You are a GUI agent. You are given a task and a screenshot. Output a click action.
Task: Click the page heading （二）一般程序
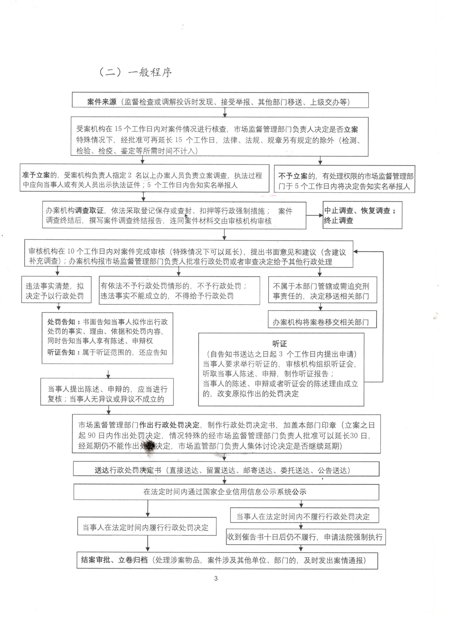135,72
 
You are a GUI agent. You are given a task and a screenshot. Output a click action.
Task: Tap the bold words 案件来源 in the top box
102,102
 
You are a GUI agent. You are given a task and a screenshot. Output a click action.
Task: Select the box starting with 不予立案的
344,179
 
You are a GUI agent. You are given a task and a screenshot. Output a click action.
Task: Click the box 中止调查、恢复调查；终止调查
362,215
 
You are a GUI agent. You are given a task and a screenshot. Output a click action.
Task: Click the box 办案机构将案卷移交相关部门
322,322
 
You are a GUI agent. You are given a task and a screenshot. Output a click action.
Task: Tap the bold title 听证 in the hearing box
279,344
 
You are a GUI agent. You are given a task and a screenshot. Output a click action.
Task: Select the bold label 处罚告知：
64,322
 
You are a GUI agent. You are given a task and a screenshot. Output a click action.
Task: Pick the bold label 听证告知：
64,352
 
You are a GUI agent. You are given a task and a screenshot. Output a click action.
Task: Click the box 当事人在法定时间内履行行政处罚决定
147,527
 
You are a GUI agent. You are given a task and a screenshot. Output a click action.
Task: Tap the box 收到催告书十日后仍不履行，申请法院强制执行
306,537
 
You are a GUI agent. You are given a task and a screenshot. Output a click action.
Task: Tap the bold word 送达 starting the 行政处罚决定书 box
102,470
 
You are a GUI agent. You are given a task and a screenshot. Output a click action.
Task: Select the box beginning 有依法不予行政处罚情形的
179,291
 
